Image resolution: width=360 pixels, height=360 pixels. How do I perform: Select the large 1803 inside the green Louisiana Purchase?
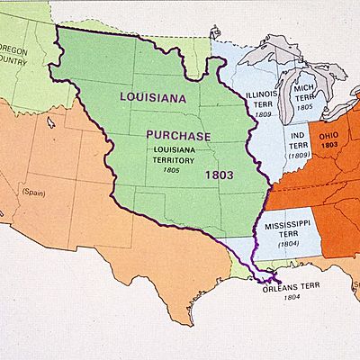[x=220, y=172]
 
